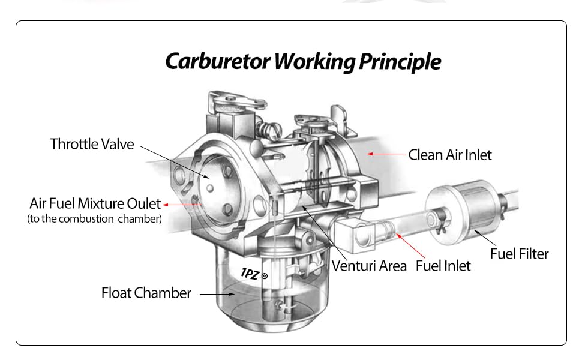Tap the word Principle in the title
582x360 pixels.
(x=400, y=61)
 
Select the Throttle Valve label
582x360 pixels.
(x=92, y=144)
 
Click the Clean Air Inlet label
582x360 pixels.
(x=449, y=155)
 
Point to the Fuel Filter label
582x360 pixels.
(x=519, y=253)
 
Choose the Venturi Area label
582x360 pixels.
(x=369, y=265)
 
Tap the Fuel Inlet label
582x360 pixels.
(x=443, y=265)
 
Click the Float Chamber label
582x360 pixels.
(x=146, y=293)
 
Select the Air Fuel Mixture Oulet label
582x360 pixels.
(x=95, y=204)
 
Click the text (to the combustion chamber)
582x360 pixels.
(x=94, y=219)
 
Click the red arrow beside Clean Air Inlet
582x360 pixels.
(x=386, y=154)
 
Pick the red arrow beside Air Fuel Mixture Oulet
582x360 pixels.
(x=182, y=205)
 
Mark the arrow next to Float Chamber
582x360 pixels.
(x=217, y=294)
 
